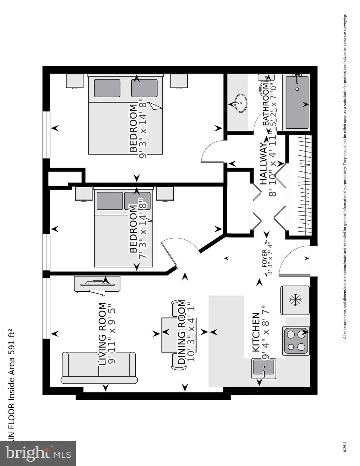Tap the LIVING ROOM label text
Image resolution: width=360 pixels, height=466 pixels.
pos(102,334)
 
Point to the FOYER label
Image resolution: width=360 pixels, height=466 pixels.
pos(264,259)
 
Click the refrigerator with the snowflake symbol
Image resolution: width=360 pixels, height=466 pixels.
pos(295,300)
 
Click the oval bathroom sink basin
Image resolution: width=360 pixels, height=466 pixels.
pos(241,103)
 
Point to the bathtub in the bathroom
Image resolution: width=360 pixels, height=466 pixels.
pos(297,102)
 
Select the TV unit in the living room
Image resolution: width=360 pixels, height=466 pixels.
pos(97,284)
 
